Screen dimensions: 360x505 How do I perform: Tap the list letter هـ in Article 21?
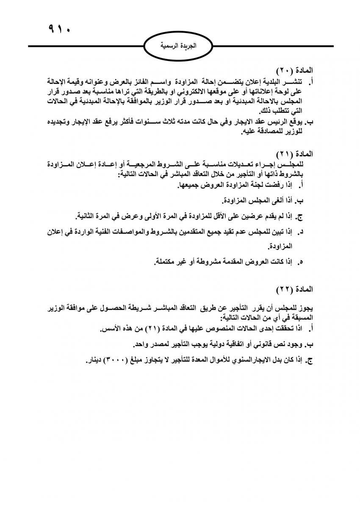point(302,263)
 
